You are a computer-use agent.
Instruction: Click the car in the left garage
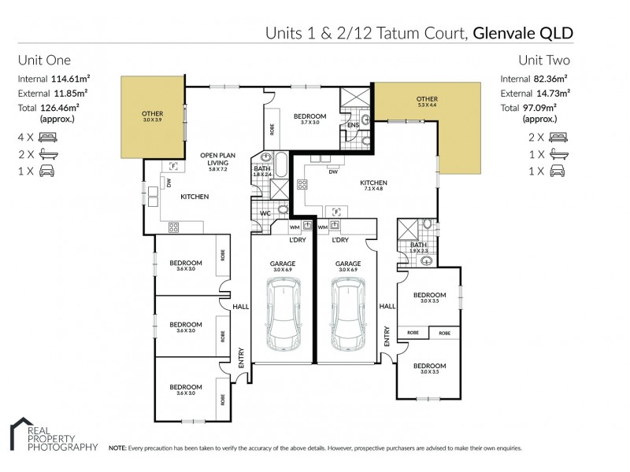pos(283,318)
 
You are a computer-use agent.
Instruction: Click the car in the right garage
pos(347,318)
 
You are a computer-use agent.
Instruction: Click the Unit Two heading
pos(543,60)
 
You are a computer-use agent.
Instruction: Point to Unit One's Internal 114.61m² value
pos(69,79)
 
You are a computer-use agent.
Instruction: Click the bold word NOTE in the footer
pos(117,448)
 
